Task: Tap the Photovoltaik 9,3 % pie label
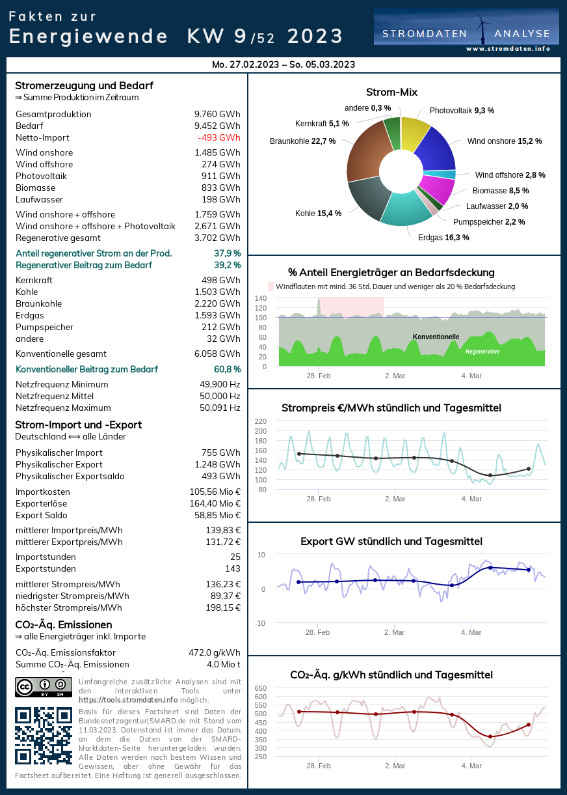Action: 462,111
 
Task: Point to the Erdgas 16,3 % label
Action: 443,238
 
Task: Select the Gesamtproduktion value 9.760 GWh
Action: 217,114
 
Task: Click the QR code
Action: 44,736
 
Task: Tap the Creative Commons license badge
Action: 44,687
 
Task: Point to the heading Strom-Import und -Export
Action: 79,425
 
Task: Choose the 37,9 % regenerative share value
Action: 227,253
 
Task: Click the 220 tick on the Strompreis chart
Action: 261,421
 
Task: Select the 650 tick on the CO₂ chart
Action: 261,688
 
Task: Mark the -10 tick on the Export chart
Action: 260,623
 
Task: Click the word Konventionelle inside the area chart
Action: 436,337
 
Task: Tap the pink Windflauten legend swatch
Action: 271,286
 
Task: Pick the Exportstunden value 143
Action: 233,568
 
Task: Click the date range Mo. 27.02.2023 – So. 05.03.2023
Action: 283,64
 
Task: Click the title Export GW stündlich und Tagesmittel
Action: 391,541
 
